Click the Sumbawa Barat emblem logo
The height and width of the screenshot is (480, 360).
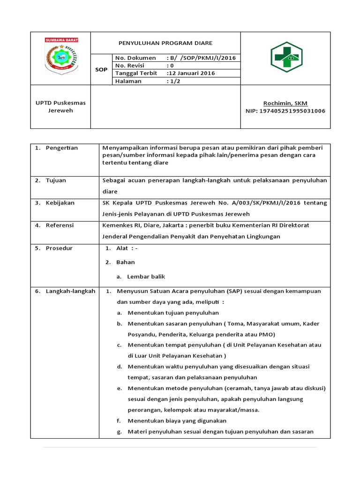tap(61, 56)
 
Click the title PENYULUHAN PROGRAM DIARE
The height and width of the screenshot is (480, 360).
tap(165, 43)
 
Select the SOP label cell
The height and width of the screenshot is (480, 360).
tap(101, 69)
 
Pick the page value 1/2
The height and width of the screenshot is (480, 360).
tap(174, 81)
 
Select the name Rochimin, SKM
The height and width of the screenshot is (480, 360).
tap(285, 103)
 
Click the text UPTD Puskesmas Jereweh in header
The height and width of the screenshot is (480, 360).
tap(60, 106)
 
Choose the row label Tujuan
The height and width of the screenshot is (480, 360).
tap(56, 180)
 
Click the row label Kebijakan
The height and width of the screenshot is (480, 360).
tap(60, 203)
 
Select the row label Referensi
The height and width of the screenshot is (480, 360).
tap(60, 225)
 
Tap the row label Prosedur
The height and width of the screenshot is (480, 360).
tap(59, 248)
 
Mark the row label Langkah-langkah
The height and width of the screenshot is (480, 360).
tap(70, 291)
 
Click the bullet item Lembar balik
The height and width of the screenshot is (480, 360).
tap(146, 277)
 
